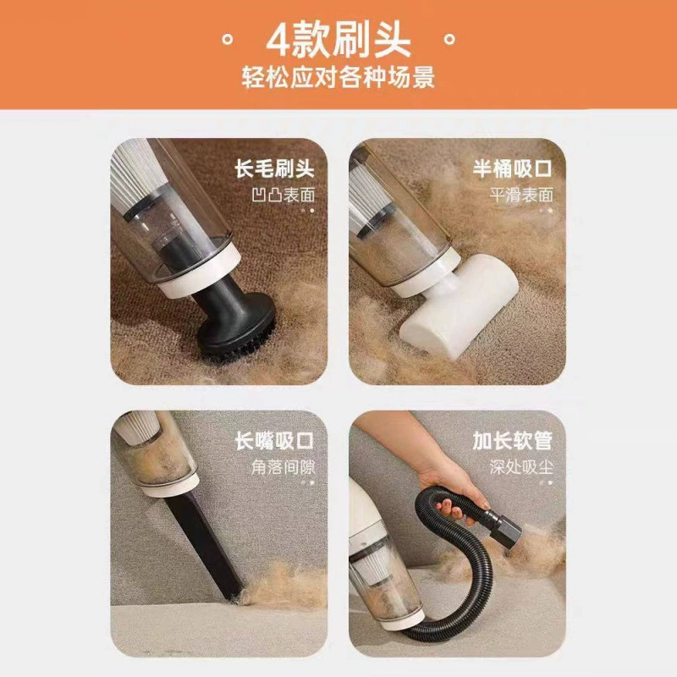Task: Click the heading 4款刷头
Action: click(x=338, y=41)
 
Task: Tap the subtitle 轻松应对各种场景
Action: click(x=338, y=77)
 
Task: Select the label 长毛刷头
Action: click(x=274, y=168)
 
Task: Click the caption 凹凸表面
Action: click(x=283, y=195)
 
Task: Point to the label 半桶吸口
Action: click(x=513, y=168)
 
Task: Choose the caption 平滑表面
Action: click(x=521, y=195)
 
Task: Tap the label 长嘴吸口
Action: click(x=274, y=441)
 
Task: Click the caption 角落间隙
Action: click(x=283, y=467)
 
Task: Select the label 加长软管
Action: click(x=513, y=441)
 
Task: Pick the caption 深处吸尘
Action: click(x=521, y=467)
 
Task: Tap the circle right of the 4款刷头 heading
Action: click(x=449, y=40)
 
